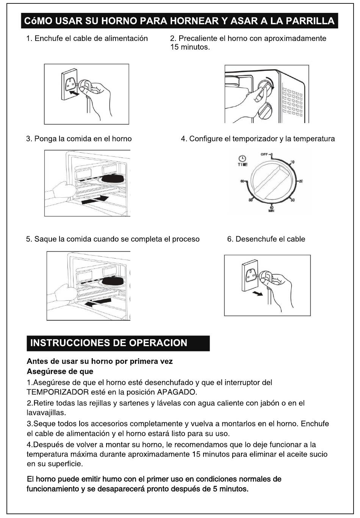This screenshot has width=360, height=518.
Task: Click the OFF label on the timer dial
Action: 264,154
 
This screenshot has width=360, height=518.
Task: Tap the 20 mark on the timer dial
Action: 301,181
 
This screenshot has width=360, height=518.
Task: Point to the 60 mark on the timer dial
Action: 241,181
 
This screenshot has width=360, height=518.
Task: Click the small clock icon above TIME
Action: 242,159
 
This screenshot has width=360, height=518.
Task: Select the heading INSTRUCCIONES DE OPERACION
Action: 109,343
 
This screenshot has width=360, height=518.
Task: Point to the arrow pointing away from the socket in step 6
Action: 258,293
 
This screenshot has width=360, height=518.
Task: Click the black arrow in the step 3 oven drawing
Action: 95,200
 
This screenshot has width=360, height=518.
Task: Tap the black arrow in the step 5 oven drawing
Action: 98,302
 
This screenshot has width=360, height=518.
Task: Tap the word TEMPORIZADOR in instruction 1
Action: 58,392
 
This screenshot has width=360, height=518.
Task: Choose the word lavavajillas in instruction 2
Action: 46,412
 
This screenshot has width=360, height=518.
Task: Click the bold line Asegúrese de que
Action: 60,371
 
